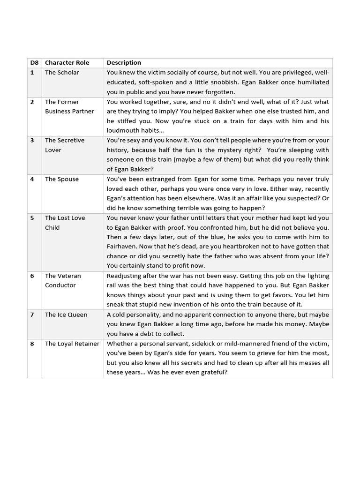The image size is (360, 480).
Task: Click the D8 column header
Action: [x=34, y=63]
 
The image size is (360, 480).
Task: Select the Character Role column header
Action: [x=67, y=63]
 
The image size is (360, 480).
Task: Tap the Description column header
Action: [x=124, y=63]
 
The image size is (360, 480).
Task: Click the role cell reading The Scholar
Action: [x=62, y=73]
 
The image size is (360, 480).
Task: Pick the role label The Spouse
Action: [x=62, y=179]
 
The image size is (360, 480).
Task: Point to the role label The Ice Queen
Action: [x=66, y=315]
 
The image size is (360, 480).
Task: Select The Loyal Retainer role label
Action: [x=72, y=344]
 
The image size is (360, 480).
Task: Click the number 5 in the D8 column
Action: [x=32, y=218]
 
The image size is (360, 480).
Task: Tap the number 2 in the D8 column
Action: [x=32, y=102]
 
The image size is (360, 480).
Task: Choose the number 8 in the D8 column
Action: [x=32, y=344]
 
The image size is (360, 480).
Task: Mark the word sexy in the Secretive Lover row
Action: [x=131, y=140]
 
